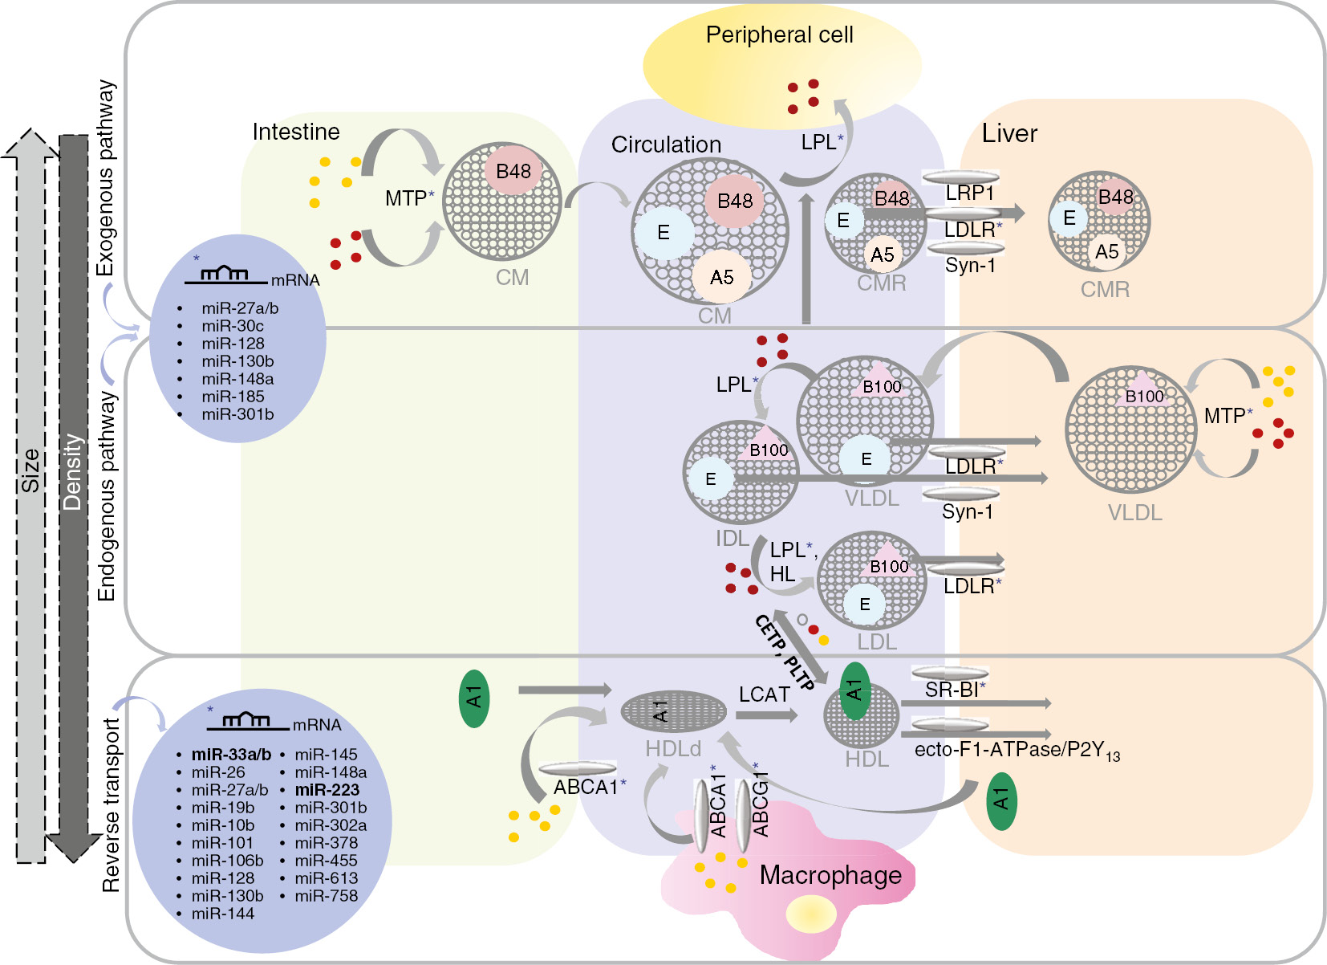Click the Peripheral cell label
[779, 35]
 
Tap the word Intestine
[296, 132]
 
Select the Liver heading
[1009, 133]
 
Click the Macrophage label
[830, 875]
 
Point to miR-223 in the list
[327, 790]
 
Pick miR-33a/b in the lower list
[231, 755]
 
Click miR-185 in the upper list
[233, 397]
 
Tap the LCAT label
[764, 694]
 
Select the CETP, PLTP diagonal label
[785, 654]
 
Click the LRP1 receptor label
[969, 193]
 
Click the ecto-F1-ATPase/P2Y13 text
[1017, 751]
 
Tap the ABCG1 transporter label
[761, 805]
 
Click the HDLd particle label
[673, 749]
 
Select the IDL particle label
[732, 539]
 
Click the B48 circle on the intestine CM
[513, 171]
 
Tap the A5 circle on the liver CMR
[1106, 252]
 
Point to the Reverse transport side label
[111, 805]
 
